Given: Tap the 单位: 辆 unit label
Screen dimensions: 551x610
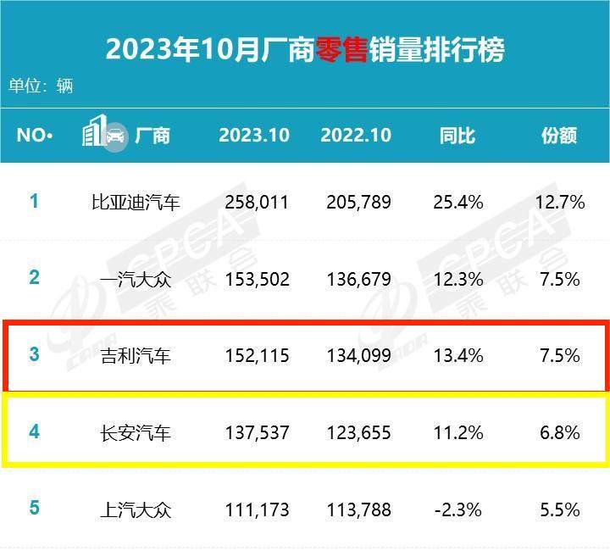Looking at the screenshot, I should tap(41, 86).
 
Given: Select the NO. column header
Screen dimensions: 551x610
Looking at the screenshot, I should tap(35, 136).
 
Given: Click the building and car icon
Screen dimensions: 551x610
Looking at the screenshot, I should tap(104, 134).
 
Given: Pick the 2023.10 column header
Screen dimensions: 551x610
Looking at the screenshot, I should tap(254, 136).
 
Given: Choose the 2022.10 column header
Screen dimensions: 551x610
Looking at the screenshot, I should tap(356, 136).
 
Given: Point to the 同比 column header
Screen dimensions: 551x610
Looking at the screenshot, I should tap(457, 136).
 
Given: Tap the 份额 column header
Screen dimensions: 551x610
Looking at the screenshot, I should tap(559, 136).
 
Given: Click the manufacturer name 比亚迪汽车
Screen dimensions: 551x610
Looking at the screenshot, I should tap(136, 203).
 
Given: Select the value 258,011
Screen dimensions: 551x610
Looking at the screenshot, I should tap(258, 203).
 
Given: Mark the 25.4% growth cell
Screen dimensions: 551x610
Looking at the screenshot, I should tap(457, 203).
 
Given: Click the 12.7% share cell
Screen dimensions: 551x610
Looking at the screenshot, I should tap(560, 203).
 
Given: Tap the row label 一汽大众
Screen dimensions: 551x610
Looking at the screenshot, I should tap(136, 279).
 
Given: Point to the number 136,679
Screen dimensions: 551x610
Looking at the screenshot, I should tap(358, 279).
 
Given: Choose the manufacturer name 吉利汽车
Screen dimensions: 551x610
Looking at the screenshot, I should tap(136, 356).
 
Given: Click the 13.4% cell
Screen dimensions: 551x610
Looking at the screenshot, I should tap(457, 356).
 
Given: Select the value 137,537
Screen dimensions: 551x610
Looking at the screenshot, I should tap(258, 433).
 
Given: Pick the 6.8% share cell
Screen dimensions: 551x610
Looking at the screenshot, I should tap(560, 433).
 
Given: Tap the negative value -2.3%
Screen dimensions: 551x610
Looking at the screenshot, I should tap(457, 510).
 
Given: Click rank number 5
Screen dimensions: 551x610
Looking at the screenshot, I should tap(34, 509).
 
